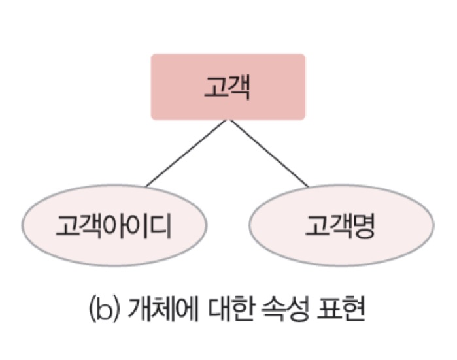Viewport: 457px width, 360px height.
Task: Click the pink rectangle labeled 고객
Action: [228, 87]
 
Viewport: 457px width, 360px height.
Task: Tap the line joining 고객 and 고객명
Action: [268, 154]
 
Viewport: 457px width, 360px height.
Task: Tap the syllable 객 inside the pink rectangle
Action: [239, 87]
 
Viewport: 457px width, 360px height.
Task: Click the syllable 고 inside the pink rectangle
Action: [215, 87]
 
